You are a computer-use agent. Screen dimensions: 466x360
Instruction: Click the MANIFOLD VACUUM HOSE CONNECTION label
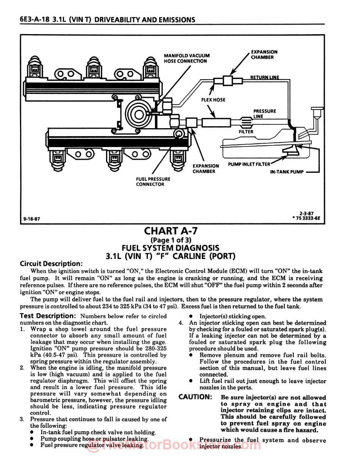(x=186, y=58)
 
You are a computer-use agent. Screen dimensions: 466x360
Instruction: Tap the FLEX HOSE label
(x=213, y=100)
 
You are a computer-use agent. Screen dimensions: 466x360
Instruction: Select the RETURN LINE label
(x=265, y=77)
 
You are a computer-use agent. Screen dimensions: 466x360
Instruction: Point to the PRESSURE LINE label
(x=265, y=113)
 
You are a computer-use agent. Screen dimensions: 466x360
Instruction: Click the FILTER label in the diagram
(x=246, y=132)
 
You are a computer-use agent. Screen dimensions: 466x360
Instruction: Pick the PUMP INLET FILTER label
(x=249, y=164)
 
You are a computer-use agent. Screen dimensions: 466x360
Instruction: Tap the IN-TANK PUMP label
(x=287, y=172)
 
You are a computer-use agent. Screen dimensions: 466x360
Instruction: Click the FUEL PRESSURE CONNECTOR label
(x=153, y=182)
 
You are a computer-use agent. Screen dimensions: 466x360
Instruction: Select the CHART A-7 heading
(x=171, y=231)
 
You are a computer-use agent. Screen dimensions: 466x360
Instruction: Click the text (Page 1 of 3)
(x=171, y=240)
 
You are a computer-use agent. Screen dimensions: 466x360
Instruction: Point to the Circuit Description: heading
(x=51, y=264)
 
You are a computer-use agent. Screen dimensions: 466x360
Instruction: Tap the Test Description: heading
(x=48, y=316)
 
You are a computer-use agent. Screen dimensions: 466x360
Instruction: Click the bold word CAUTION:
(x=195, y=397)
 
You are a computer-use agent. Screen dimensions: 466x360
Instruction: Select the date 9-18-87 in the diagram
(x=31, y=219)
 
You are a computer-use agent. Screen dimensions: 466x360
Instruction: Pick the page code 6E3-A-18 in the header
(x=35, y=20)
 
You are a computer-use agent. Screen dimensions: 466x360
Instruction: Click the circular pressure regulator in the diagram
(x=138, y=112)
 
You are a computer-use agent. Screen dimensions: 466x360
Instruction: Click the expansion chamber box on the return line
(x=227, y=80)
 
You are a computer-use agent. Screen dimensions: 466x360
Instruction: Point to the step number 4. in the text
(x=181, y=323)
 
